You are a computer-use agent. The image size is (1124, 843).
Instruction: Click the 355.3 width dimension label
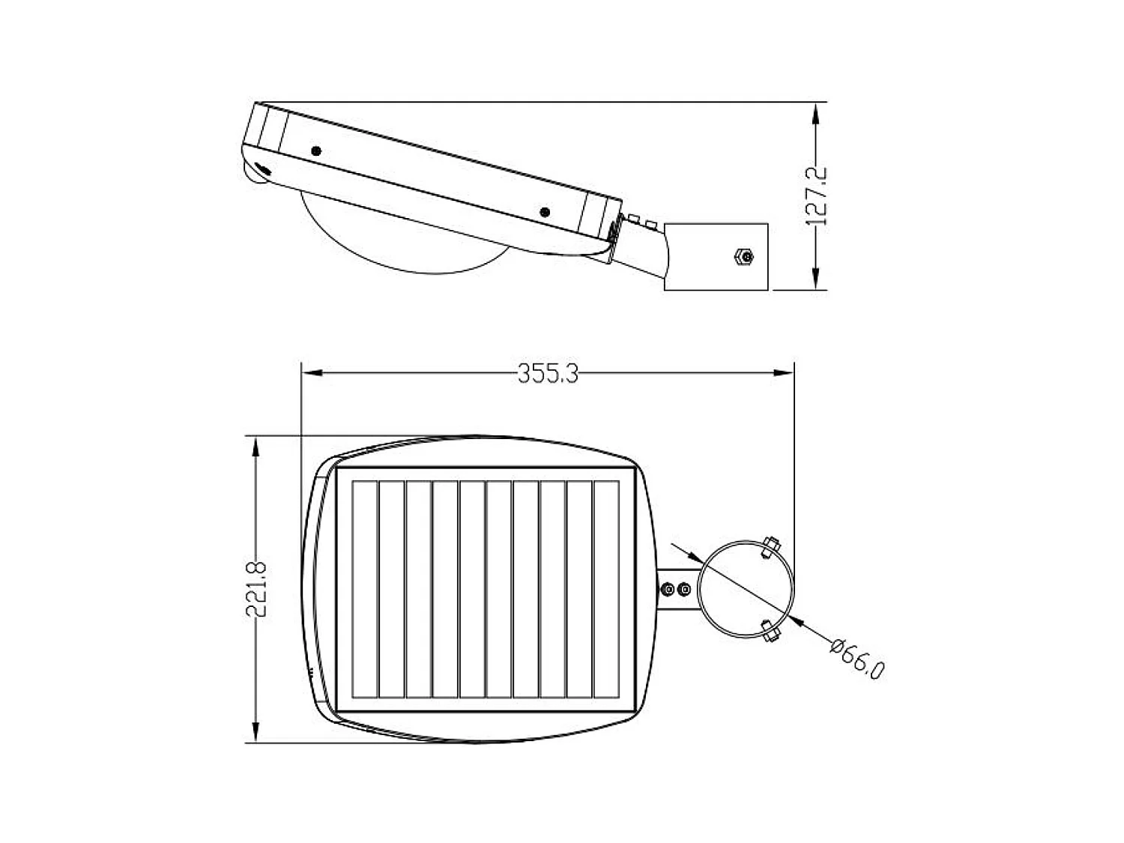tap(548, 373)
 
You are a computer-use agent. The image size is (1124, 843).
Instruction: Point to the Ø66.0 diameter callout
tap(857, 659)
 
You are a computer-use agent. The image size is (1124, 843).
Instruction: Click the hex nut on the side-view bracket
tap(745, 257)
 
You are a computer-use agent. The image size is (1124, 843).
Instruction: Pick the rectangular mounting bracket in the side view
tap(716, 256)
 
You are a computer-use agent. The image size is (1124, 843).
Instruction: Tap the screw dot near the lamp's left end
tap(315, 151)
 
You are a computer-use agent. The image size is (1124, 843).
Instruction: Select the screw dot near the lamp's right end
tap(545, 213)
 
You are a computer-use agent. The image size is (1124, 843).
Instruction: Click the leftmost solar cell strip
tap(365, 590)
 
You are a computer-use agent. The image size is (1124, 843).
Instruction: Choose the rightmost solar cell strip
tap(606, 590)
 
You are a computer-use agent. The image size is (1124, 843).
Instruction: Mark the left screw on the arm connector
tap(666, 590)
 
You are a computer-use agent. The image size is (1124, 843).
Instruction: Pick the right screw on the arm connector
tap(683, 590)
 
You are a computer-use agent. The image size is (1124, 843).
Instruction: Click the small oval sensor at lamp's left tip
tap(262, 168)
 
